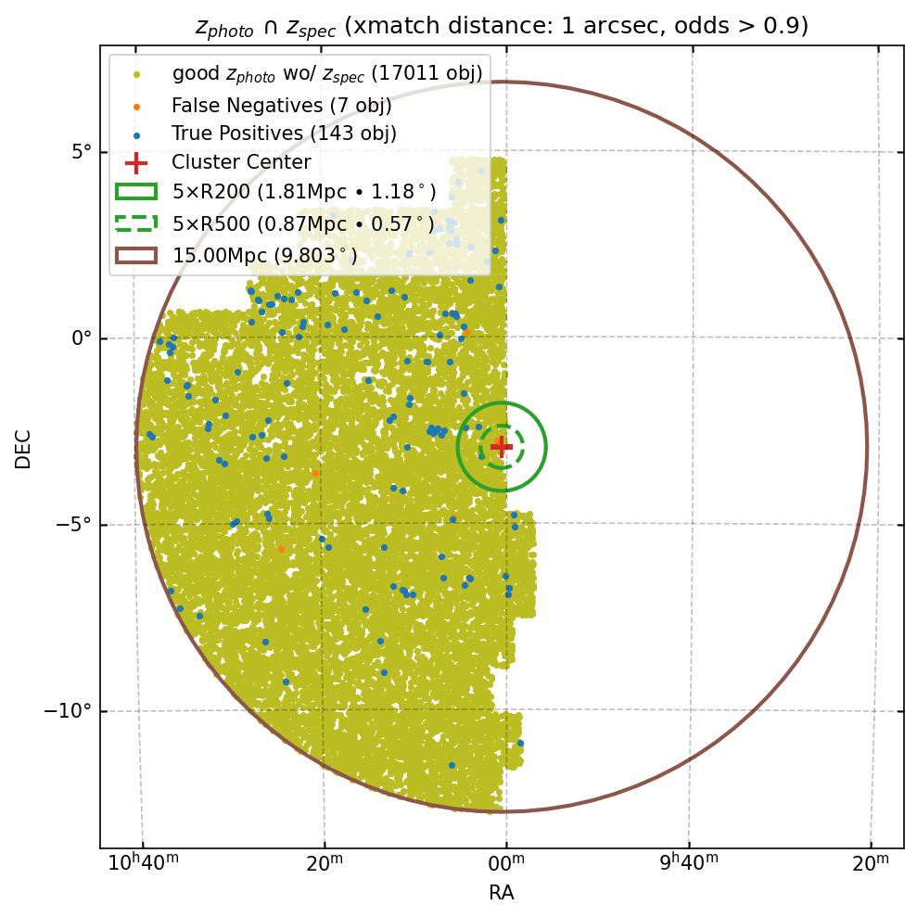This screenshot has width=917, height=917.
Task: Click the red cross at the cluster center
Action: pyautogui.click(x=502, y=446)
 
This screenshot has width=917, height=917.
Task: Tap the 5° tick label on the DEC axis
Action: pyautogui.click(x=82, y=152)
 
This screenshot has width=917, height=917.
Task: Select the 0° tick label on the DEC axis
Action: pyautogui.click(x=82, y=338)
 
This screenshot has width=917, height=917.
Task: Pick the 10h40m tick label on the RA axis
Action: pyautogui.click(x=144, y=865)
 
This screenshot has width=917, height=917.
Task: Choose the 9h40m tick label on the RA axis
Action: pyautogui.click(x=690, y=865)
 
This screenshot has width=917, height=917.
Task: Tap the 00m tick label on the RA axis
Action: pyautogui.click(x=506, y=865)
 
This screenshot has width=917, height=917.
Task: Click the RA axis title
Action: pyautogui.click(x=502, y=893)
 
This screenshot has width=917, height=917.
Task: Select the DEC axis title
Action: pyautogui.click(x=23, y=449)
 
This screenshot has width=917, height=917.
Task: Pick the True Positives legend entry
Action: pyautogui.click(x=284, y=134)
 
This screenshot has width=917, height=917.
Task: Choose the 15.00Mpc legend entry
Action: pyautogui.click(x=264, y=254)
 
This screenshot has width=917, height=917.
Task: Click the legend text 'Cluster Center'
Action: pyautogui.click(x=241, y=163)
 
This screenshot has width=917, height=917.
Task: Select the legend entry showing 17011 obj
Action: pyautogui.click(x=326, y=73)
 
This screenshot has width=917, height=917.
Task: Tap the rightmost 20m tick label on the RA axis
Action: pyautogui.click(x=870, y=865)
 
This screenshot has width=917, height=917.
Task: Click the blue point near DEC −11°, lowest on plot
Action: pyautogui.click(x=452, y=765)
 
